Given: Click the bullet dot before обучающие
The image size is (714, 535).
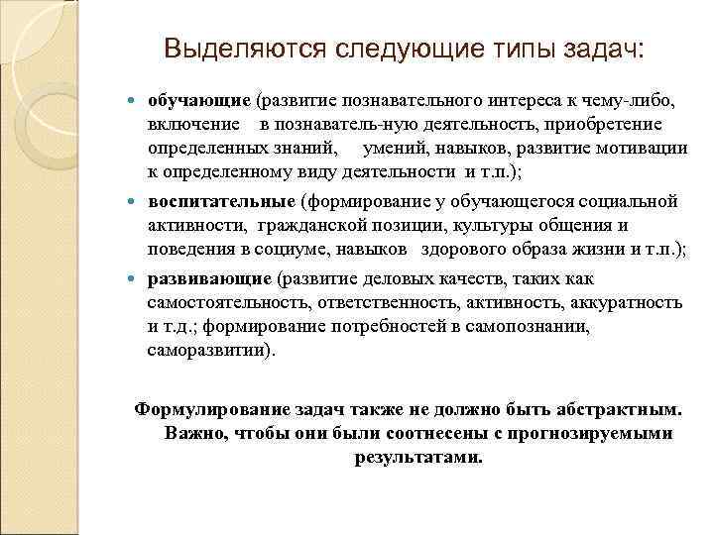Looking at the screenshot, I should (x=135, y=102).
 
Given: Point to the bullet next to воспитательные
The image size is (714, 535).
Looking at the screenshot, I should (x=135, y=202).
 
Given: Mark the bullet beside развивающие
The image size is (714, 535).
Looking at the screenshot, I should (x=135, y=276).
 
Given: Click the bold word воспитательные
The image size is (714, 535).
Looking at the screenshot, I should (x=221, y=201).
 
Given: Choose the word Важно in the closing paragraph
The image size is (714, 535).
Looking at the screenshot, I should (x=192, y=433).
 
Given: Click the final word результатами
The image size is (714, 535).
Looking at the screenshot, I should (x=417, y=458).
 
